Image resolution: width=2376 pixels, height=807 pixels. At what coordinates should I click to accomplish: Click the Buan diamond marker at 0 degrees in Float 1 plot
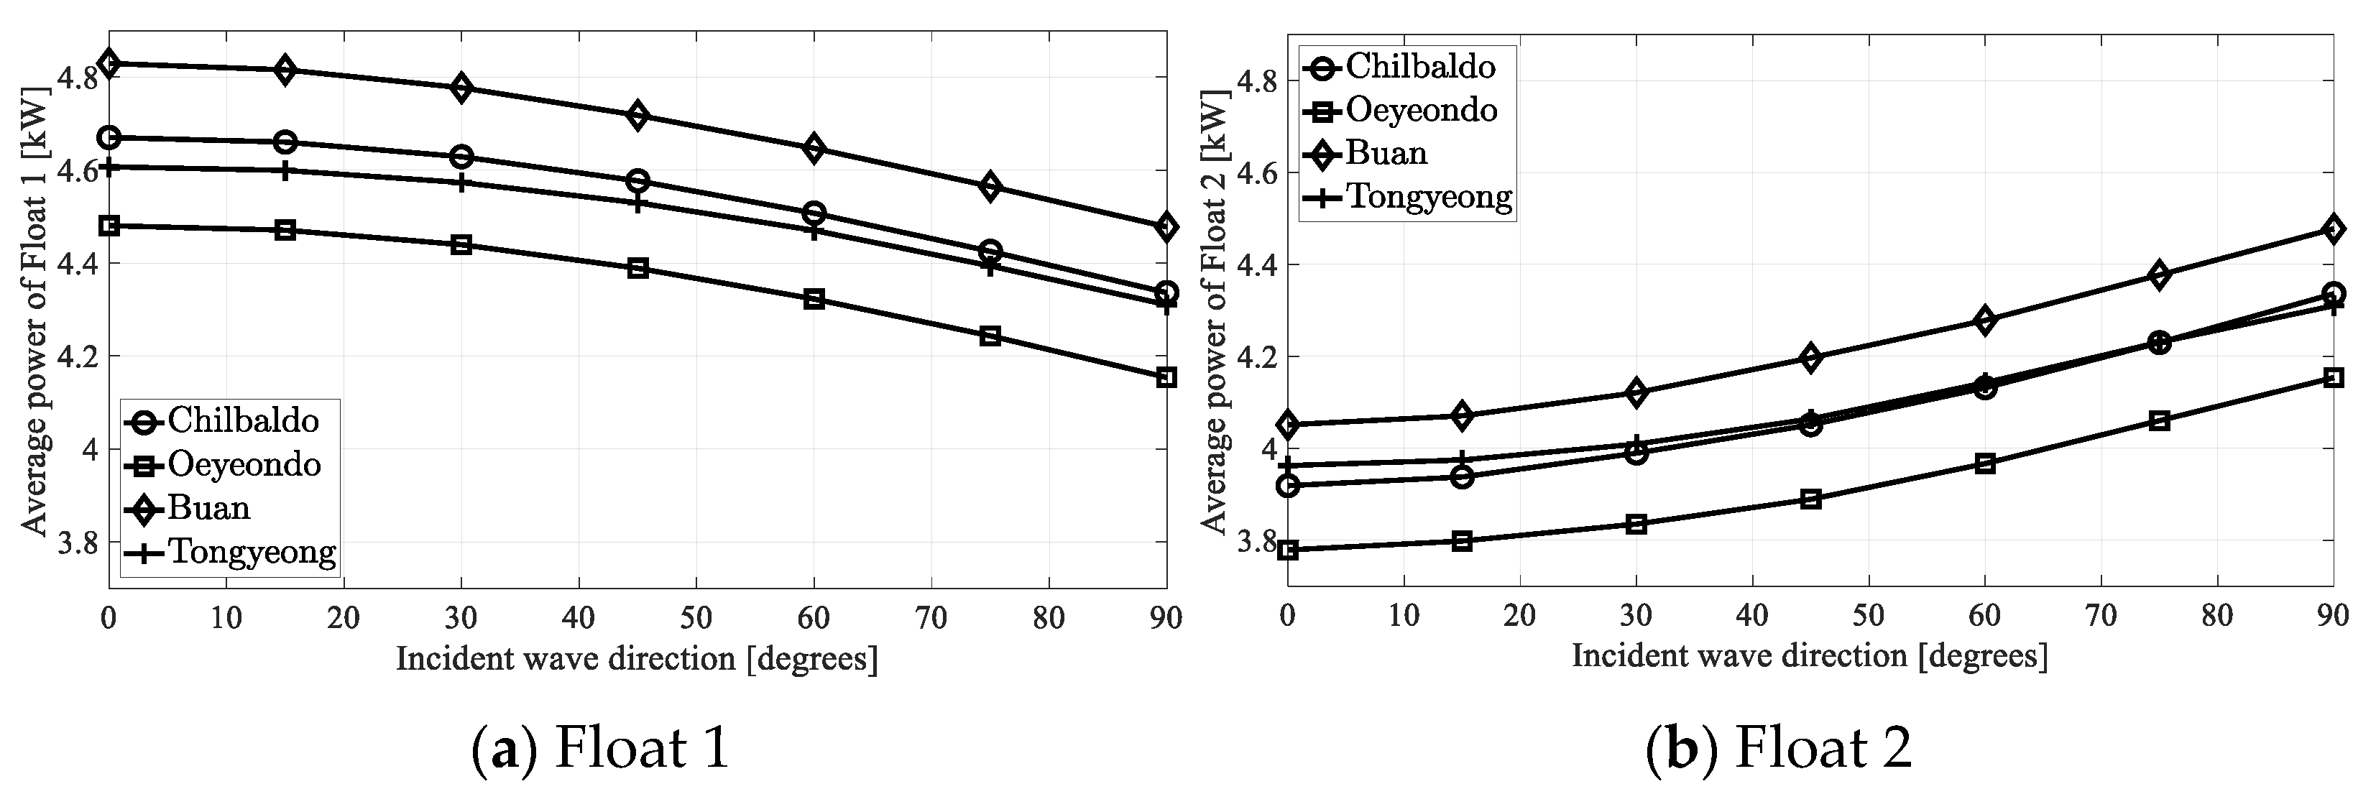[x=109, y=64]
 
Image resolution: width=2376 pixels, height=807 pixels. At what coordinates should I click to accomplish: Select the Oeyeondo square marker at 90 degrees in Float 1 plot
[x=1166, y=377]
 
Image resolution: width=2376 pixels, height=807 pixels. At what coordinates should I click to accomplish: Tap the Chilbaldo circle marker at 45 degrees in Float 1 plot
[x=637, y=181]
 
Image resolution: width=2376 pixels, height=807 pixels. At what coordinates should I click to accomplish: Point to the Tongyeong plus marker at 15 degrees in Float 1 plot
[x=285, y=170]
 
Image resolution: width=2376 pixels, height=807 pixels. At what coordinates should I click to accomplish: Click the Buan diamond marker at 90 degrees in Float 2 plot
[x=2334, y=229]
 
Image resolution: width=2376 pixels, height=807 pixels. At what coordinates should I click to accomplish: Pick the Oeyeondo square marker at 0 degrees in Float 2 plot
[x=1289, y=550]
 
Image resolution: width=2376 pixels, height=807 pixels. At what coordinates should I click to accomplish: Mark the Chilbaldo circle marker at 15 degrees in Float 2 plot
[x=1462, y=477]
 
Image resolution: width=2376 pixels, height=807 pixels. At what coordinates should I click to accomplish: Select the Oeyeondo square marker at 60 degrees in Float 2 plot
[x=1985, y=464]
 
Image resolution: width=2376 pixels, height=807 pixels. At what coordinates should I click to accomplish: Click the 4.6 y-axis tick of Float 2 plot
[x=1256, y=173]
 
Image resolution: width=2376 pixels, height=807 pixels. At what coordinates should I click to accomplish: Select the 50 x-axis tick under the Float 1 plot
[x=696, y=619]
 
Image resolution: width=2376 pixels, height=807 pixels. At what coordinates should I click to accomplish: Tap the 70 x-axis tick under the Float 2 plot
[x=2100, y=615]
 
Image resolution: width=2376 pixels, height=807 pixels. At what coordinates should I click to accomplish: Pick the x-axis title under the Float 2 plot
[x=1810, y=656]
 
